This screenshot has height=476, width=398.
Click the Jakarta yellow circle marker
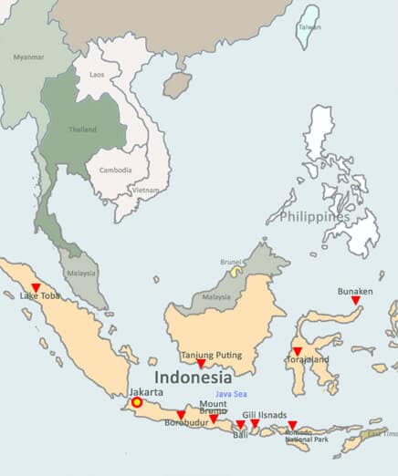point(137,401)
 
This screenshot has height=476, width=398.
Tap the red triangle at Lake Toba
point(36,288)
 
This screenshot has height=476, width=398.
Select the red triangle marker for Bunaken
point(356,301)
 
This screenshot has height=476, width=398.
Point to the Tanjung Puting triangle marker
point(201,365)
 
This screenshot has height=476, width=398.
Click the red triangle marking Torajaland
point(297,351)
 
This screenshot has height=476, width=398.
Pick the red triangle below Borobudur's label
point(181,415)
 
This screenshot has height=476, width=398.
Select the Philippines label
point(315,217)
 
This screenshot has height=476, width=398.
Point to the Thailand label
point(82,129)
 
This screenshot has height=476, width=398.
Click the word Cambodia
point(116,171)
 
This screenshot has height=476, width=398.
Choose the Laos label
point(96,74)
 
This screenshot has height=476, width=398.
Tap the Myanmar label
point(28,57)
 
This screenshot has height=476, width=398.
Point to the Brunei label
point(231,262)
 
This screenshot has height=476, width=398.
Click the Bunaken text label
point(356,291)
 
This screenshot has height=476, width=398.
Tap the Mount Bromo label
point(213,407)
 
